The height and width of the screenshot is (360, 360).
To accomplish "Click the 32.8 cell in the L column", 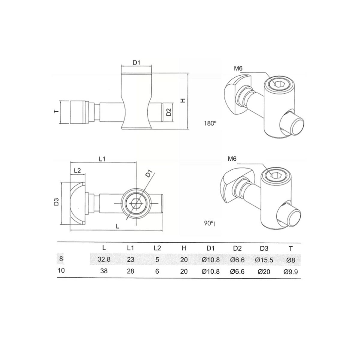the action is click(104, 259).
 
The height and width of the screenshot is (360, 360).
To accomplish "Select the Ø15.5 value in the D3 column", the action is click(264, 260).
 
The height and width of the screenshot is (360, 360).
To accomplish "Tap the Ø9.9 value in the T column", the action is click(290, 271).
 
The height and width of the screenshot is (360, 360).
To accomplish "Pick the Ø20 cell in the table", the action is click(264, 271).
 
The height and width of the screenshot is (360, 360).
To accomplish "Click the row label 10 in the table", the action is click(61, 270).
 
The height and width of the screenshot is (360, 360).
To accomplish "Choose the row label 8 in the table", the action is click(61, 259).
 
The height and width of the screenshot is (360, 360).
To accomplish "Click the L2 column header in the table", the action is click(157, 248).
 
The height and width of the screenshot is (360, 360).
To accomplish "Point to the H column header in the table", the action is click(184, 248).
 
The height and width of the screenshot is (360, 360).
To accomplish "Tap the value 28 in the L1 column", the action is click(130, 271).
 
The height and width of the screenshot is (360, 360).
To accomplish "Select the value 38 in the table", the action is click(104, 271).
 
